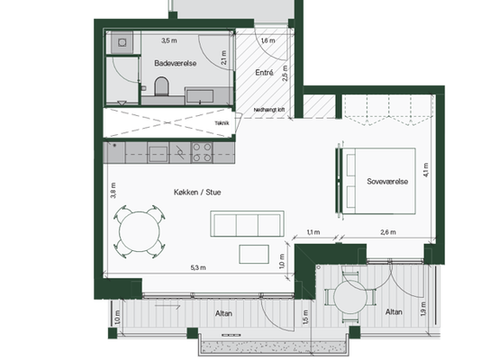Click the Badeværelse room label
click(x=176, y=63)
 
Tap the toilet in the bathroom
click(x=161, y=86)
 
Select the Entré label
click(x=264, y=73)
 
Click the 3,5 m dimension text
click(x=169, y=40)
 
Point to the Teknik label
click(x=222, y=123)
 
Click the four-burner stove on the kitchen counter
click(x=202, y=152)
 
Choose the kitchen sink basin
click(x=159, y=154)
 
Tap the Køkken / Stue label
click(x=197, y=192)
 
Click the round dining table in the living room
click(x=139, y=231)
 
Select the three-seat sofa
click(x=247, y=223)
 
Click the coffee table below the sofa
click(x=254, y=254)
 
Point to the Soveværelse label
click(x=387, y=181)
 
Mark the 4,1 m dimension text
click(x=426, y=170)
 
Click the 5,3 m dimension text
click(x=198, y=268)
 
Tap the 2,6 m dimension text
click(x=388, y=232)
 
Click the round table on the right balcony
click(x=350, y=297)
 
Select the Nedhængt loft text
click(x=269, y=110)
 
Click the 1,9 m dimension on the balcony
click(x=423, y=309)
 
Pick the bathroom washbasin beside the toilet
click(x=200, y=96)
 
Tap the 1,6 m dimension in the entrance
click(x=268, y=40)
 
